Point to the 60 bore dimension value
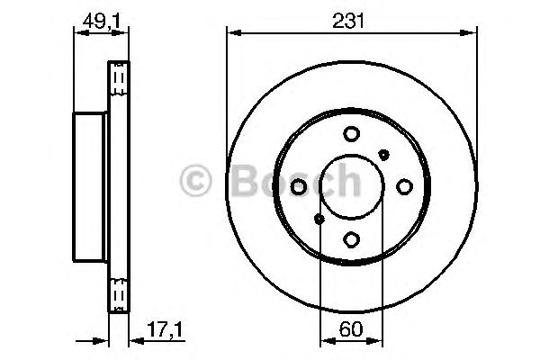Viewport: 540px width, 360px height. (x=352, y=331)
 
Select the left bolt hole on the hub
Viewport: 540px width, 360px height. (x=300, y=186)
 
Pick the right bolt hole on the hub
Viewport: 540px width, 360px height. (x=404, y=186)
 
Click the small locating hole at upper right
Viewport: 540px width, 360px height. (x=384, y=154)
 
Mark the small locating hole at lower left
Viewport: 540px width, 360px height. (x=319, y=219)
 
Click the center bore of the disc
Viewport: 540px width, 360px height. (x=352, y=186)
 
